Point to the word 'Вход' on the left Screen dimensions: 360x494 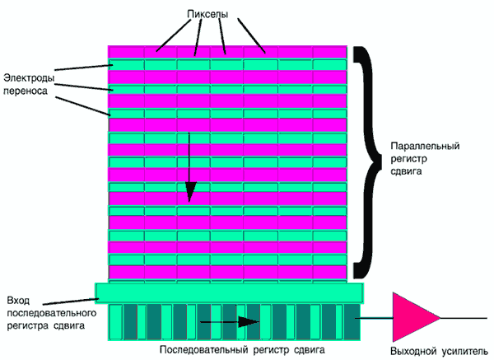(x=17, y=298)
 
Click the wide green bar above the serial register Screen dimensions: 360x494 (x=228, y=292)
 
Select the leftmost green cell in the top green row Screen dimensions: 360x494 (x=127, y=63)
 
